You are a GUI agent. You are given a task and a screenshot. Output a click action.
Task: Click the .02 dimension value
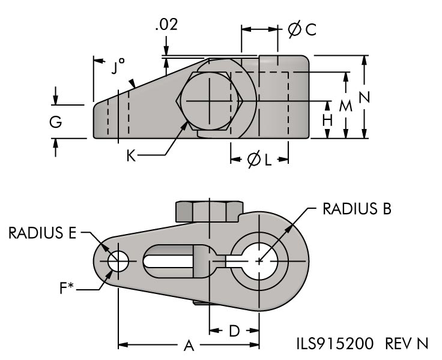(x=165, y=26)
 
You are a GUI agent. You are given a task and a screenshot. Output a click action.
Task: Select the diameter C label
(x=301, y=30)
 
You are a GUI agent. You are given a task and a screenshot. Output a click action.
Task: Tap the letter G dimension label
(x=56, y=122)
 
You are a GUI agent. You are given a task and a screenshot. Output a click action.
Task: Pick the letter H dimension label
(x=327, y=119)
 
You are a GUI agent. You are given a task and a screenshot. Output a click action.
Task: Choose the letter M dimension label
(x=345, y=106)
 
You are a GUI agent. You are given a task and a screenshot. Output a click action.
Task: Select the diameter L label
(x=259, y=160)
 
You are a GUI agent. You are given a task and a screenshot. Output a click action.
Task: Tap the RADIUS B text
(x=357, y=208)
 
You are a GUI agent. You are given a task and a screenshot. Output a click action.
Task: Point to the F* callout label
(x=67, y=289)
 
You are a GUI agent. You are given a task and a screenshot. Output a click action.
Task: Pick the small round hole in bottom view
(x=118, y=262)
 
